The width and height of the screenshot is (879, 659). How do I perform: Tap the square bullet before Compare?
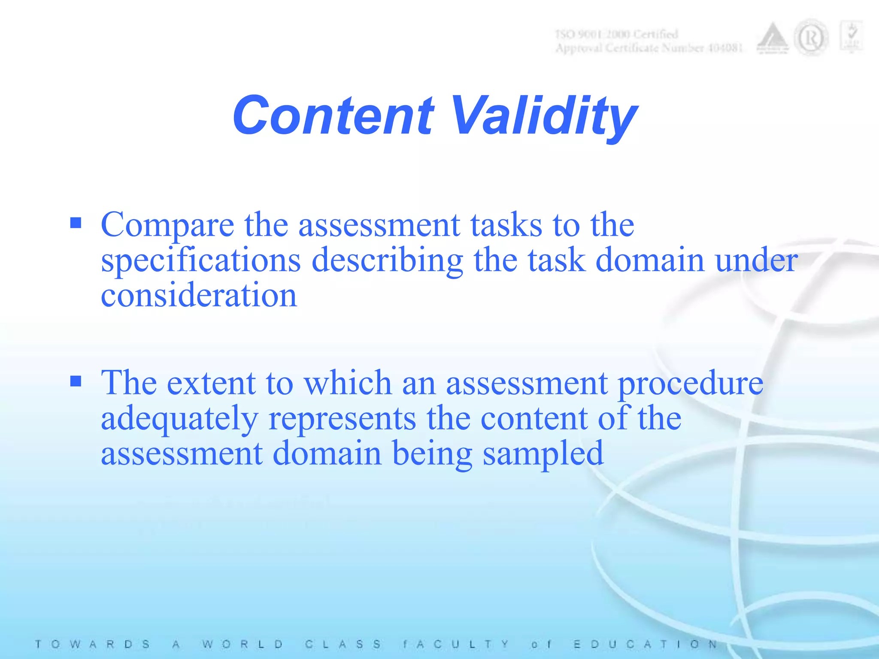pyautogui.click(x=76, y=223)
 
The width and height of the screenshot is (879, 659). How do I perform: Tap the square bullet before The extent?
pyautogui.click(x=76, y=381)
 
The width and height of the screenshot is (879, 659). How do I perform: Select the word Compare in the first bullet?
pyautogui.click(x=167, y=225)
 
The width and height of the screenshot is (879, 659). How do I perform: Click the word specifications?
pyautogui.click(x=200, y=261)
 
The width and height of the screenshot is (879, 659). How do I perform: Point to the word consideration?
pyautogui.click(x=199, y=296)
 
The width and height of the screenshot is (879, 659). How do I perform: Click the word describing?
pyautogui.click(x=387, y=261)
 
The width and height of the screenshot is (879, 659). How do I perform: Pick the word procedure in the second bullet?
pyautogui.click(x=690, y=383)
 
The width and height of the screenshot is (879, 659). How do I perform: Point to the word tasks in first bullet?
pyautogui.click(x=506, y=225)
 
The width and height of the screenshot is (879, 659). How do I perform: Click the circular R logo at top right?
pyautogui.click(x=811, y=39)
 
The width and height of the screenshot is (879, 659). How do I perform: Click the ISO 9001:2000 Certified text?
pyautogui.click(x=617, y=34)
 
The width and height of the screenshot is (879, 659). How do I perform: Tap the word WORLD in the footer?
pyautogui.click(x=243, y=644)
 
